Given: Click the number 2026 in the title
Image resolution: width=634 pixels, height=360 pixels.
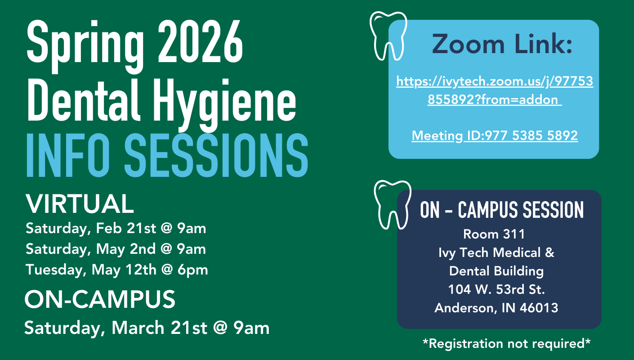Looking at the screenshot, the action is (200, 42).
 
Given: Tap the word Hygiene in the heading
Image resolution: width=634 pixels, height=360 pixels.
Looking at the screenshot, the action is (224, 103).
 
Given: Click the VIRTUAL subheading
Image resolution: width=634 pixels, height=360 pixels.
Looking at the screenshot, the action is (80, 204).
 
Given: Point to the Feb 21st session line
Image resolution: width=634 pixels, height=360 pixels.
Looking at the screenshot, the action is (116, 228).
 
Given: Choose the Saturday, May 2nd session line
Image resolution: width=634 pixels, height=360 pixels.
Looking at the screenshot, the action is (116, 249).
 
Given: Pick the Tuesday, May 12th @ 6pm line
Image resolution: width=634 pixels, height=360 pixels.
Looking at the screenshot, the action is (116, 270).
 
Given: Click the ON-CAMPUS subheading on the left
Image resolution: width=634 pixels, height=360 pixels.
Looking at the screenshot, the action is (100, 299).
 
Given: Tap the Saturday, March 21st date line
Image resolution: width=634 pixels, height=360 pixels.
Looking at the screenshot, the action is (147, 328).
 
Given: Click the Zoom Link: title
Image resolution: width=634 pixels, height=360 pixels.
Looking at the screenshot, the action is (502, 44).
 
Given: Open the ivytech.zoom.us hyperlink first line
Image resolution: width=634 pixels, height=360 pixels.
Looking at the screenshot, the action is (495, 81).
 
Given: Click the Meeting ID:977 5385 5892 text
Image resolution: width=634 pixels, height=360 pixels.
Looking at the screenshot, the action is (495, 135).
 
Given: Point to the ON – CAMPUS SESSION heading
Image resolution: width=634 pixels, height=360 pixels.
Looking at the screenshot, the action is (502, 210).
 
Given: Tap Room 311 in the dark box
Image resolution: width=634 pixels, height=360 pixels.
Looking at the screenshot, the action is (494, 234).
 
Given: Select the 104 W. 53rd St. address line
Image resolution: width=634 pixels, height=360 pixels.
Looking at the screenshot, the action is (496, 289).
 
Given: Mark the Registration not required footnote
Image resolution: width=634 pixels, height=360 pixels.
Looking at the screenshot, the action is (507, 343).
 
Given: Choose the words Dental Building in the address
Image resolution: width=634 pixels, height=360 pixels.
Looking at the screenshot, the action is (496, 271).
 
